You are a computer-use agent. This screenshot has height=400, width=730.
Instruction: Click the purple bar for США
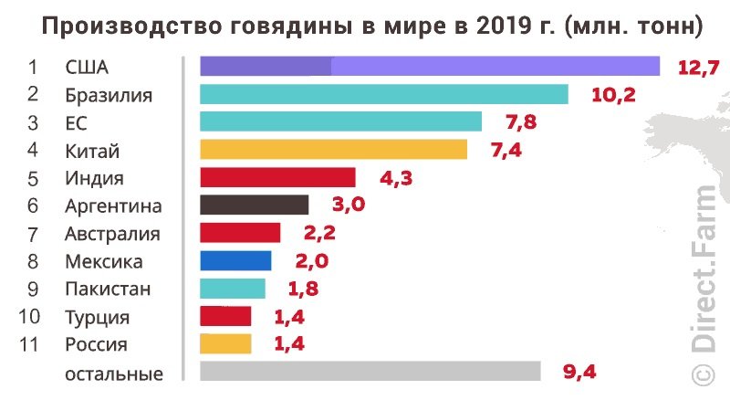[429, 66]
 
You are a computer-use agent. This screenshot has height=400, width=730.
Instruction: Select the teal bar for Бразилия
[383, 94]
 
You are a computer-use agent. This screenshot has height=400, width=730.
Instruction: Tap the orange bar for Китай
[333, 150]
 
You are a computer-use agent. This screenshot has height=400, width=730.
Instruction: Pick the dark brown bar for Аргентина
[254, 205]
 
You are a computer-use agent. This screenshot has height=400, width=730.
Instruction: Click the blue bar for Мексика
[235, 261]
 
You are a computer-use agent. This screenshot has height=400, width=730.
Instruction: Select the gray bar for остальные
[370, 371]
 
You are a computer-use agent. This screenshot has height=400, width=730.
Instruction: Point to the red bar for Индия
[277, 177]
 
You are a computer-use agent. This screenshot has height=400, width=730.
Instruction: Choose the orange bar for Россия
[225, 344]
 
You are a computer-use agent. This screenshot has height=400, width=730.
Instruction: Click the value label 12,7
[698, 66]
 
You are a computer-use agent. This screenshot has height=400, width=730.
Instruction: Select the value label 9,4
[580, 371]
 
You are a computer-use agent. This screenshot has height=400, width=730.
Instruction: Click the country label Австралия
[112, 234]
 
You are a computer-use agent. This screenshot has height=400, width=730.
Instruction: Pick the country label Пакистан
[108, 289]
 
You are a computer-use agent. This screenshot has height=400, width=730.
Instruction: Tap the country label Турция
[98, 318]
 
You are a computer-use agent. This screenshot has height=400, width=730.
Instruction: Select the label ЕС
[77, 122]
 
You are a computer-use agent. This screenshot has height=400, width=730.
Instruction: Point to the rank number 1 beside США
[33, 67]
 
